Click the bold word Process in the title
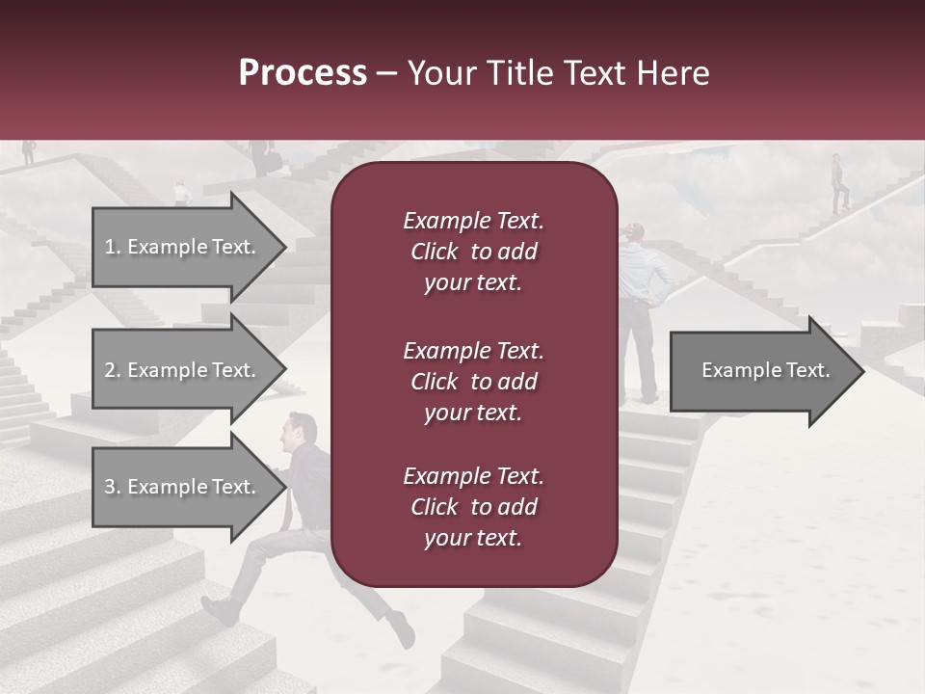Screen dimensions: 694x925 pyautogui.click(x=303, y=73)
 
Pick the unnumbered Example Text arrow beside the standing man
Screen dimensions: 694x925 pyautogui.click(x=766, y=371)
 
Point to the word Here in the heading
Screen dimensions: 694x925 pyautogui.click(x=674, y=73)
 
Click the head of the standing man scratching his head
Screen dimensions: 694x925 pyautogui.click(x=634, y=233)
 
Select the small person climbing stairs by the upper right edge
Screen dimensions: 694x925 pyautogui.click(x=838, y=183)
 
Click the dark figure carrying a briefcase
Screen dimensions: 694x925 pyautogui.click(x=258, y=156)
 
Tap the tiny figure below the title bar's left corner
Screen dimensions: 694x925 pyautogui.click(x=29, y=150)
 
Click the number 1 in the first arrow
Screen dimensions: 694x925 pyautogui.click(x=110, y=248)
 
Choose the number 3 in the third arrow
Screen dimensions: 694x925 pyautogui.click(x=110, y=488)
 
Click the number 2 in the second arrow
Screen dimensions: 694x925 pyautogui.click(x=110, y=371)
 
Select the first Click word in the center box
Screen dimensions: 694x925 pyautogui.click(x=435, y=253)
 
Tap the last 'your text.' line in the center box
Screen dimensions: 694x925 pyautogui.click(x=473, y=539)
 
